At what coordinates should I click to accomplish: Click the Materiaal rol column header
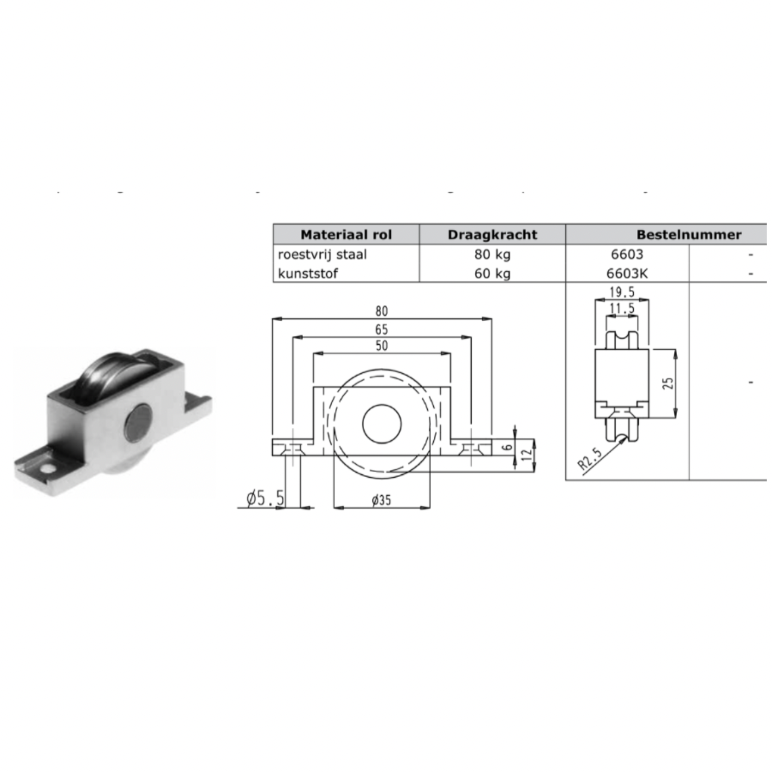pyautogui.click(x=346, y=234)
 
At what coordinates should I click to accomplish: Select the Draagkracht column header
pyautogui.click(x=492, y=234)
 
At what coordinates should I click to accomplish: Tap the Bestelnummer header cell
pyautogui.click(x=689, y=234)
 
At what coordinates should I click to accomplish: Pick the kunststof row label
pyautogui.click(x=307, y=273)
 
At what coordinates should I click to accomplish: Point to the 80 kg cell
pyautogui.click(x=492, y=254)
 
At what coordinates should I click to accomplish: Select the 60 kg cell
pyautogui.click(x=492, y=273)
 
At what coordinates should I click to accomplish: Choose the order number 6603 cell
pyautogui.click(x=624, y=254)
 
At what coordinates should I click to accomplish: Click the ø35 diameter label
pyautogui.click(x=382, y=501)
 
